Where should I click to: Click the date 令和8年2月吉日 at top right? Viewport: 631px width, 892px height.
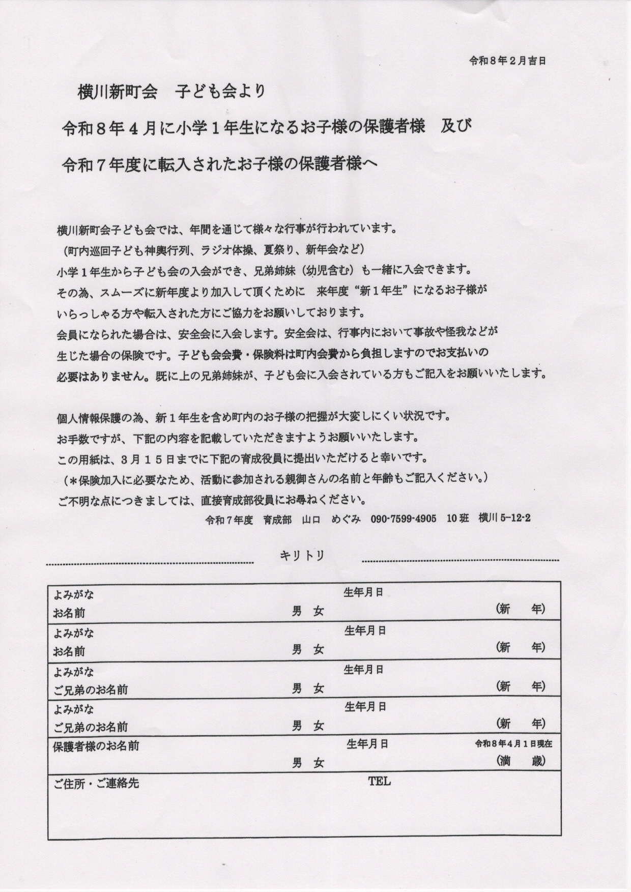(x=507, y=61)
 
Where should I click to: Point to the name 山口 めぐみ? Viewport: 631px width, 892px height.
(x=331, y=519)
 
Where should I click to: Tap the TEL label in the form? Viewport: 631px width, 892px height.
(x=380, y=782)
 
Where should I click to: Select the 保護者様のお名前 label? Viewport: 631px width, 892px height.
(x=96, y=746)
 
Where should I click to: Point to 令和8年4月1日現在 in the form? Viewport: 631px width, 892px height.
(x=513, y=744)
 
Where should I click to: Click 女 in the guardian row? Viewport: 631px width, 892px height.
(x=319, y=763)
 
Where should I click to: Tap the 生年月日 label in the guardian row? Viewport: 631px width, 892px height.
(x=367, y=744)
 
